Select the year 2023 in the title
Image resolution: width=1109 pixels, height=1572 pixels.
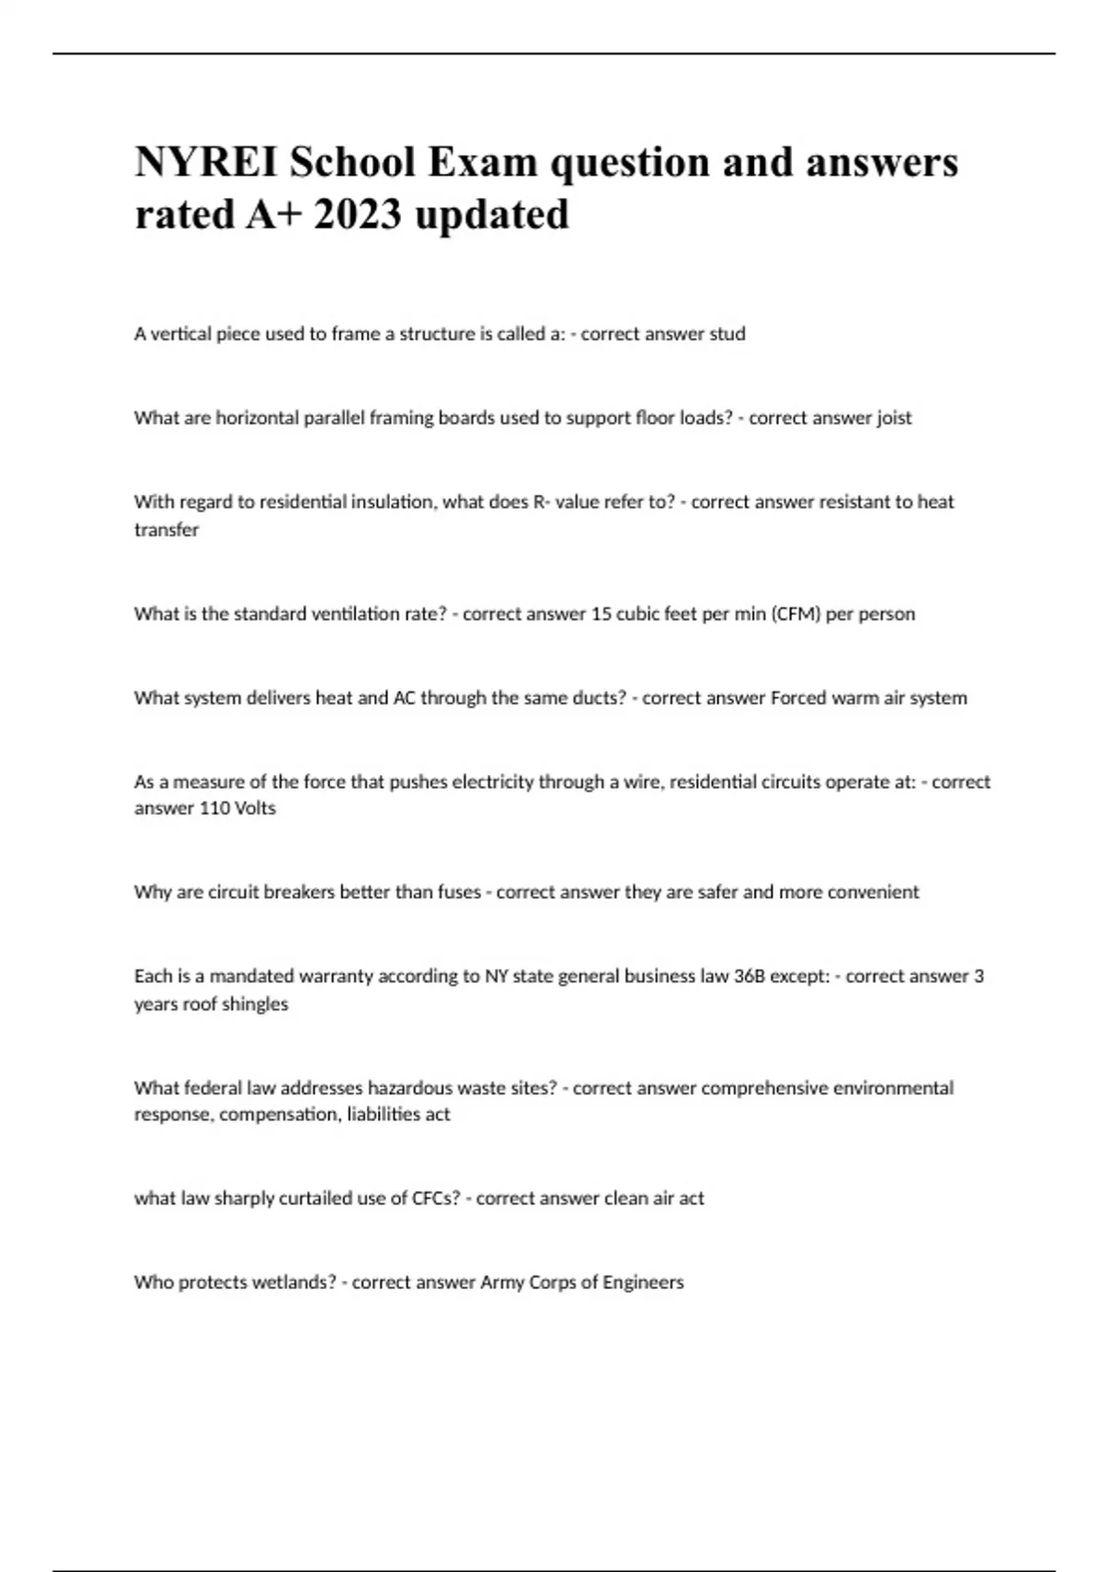[357, 215]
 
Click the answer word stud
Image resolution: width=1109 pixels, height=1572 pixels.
[726, 334]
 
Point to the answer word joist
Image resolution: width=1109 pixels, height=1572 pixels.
[893, 418]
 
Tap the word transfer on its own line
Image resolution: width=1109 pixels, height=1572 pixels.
[166, 530]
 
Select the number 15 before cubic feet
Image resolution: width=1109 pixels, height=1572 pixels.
[601, 614]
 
